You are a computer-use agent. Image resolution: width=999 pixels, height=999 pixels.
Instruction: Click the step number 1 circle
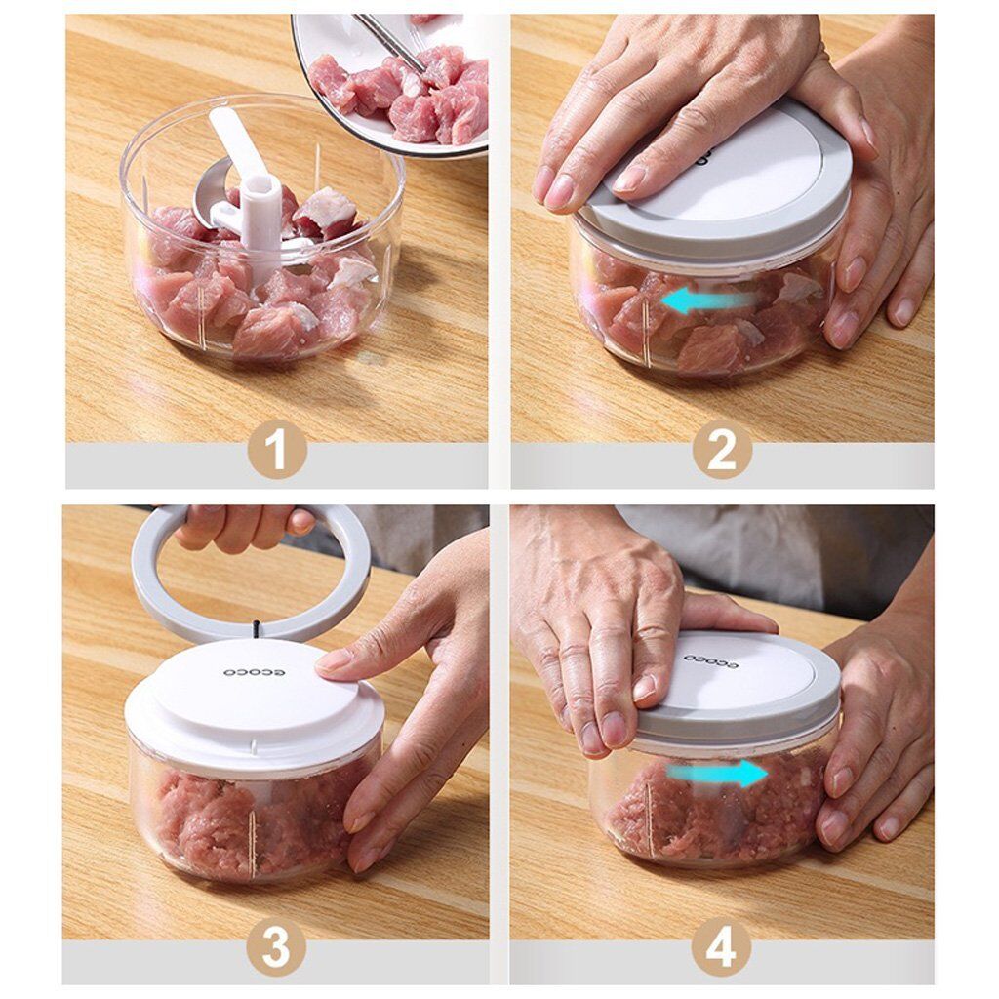coord(277,451)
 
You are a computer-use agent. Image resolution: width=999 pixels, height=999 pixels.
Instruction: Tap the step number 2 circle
coord(722,451)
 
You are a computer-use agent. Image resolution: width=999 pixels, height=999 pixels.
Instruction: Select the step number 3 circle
coord(276,947)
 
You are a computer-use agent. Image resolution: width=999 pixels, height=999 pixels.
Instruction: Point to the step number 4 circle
coord(721,947)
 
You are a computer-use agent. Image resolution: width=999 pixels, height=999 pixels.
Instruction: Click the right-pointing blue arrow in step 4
coord(717,774)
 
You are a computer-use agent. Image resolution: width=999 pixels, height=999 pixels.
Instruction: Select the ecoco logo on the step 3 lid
coord(254,673)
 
